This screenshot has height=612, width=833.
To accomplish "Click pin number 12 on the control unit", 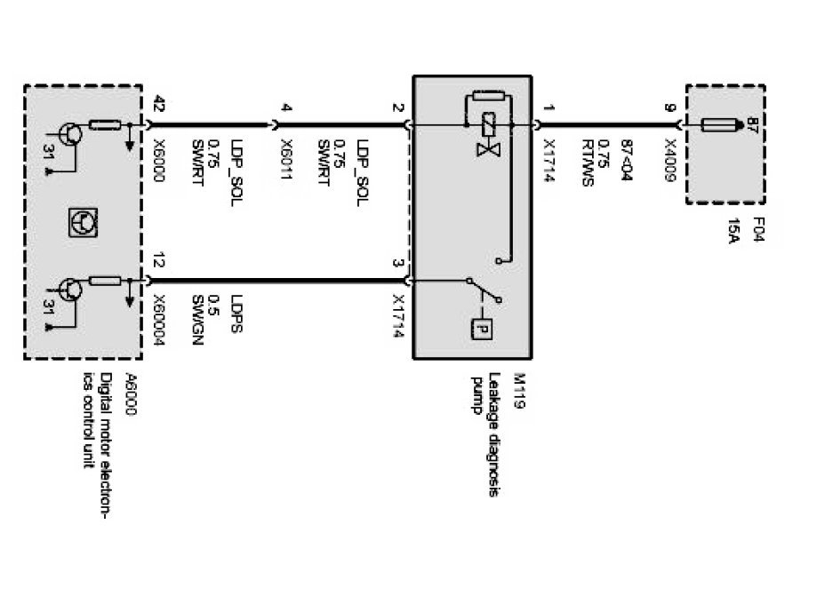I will [159, 264].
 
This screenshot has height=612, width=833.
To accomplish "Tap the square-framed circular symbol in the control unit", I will [82, 219].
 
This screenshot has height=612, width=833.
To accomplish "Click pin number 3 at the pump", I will [397, 264].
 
